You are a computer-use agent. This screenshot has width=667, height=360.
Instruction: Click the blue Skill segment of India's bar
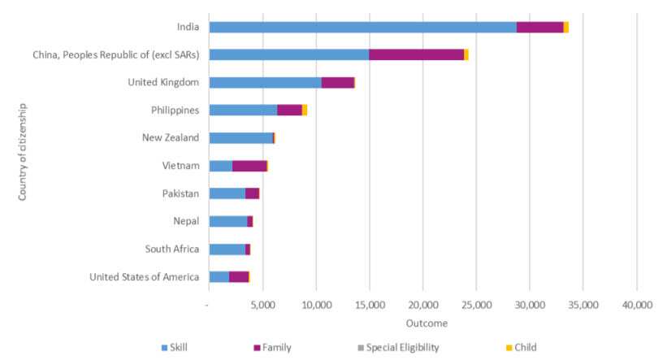coord(362,27)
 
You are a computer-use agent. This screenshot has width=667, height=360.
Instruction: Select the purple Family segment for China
coord(416,54)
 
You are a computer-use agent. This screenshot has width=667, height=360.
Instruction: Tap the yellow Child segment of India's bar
coord(565,27)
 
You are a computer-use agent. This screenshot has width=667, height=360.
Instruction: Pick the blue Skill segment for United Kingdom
coord(265,82)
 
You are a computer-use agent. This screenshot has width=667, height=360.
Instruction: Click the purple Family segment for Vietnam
coord(249,166)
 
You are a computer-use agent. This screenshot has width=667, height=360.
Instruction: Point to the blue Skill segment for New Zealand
coord(240,138)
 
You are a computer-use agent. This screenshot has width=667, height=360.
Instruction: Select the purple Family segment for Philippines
coord(289,111)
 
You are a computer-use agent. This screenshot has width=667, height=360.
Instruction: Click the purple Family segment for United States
coord(238,277)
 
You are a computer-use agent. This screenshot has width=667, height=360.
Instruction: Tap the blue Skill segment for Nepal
coord(227,221)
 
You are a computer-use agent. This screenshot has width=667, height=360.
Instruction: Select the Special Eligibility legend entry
coord(401,347)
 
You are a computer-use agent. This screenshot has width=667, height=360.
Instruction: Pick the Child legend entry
coord(525,347)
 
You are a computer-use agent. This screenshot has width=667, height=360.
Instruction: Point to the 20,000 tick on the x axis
coord(422,305)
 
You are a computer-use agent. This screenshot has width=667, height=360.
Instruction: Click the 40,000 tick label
coord(636,305)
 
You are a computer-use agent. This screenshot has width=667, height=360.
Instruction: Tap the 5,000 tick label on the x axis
coord(262,305)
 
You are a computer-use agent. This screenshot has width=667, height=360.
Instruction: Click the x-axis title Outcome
coord(422,323)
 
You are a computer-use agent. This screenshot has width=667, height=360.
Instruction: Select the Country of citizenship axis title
coord(24,151)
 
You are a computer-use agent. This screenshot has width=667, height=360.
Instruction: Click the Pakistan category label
coord(180,193)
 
